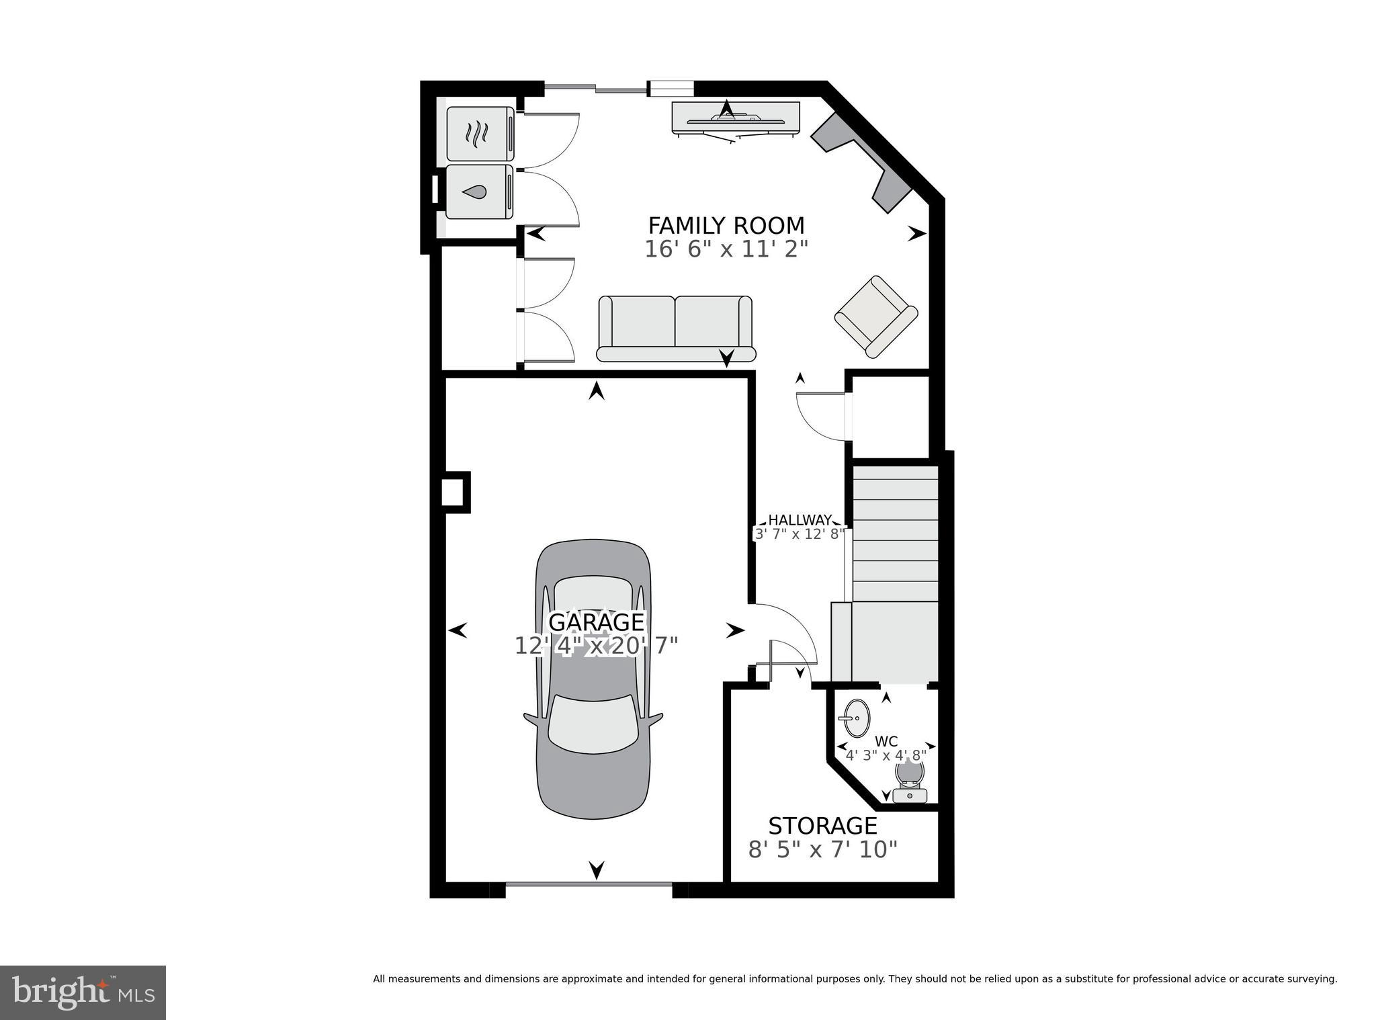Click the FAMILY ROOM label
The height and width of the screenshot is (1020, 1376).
(726, 225)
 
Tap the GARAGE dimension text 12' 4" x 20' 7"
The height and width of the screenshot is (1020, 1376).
(596, 646)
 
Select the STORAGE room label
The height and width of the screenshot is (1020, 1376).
(822, 825)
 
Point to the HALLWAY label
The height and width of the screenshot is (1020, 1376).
(800, 519)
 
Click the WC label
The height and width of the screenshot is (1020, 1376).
(886, 742)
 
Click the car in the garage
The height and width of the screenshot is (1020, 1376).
(593, 726)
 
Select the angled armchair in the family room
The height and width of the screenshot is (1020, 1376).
(875, 316)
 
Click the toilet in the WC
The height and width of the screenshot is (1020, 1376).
(910, 781)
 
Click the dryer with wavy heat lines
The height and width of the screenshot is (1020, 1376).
(480, 134)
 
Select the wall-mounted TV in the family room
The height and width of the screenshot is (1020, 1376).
(736, 119)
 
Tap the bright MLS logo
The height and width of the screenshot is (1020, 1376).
(83, 992)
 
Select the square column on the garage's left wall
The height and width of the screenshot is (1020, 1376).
(455, 492)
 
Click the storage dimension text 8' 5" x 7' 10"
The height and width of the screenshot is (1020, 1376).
(822, 850)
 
